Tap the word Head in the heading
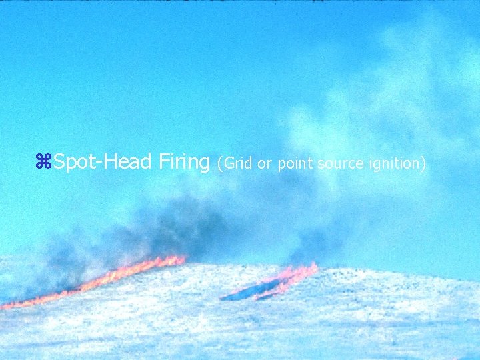tap(128, 161)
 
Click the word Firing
tap(185, 162)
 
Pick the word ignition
tap(393, 163)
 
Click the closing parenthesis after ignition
tap(423, 163)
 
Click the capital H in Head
tap(110, 161)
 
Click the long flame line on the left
tap(100, 282)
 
